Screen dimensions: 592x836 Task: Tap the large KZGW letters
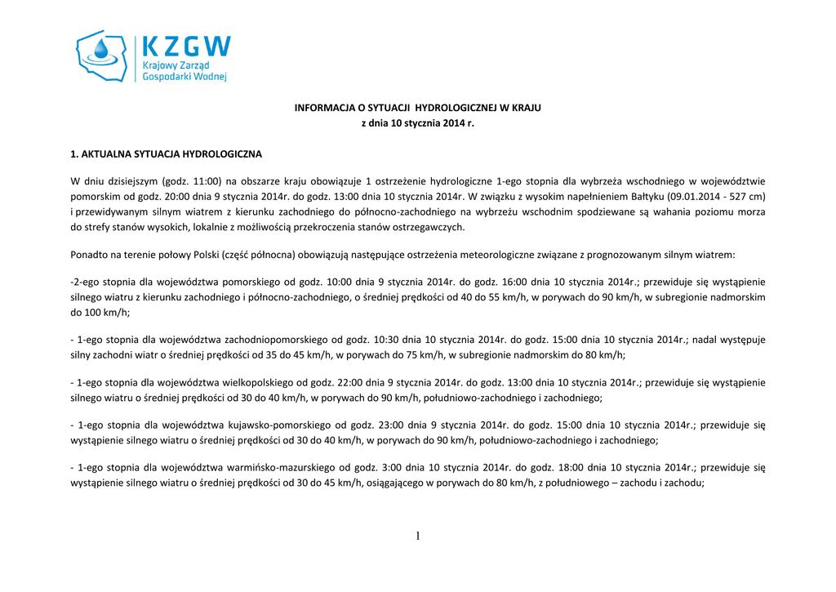coord(186,46)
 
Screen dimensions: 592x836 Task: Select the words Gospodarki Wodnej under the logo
coord(185,76)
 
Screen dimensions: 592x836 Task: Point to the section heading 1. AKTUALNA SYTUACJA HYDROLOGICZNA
coord(166,153)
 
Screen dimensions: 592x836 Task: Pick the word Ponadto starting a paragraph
coord(90,255)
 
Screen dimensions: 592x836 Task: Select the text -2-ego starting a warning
coord(87,282)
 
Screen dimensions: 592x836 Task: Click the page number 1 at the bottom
coord(418,536)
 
